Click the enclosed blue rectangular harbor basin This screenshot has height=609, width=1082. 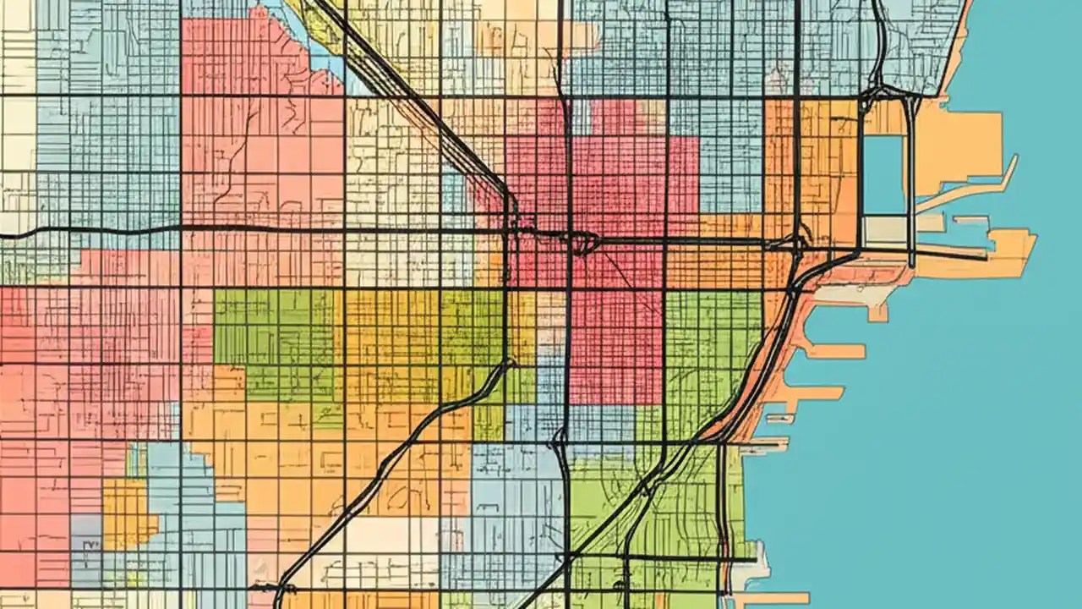pos(884,173)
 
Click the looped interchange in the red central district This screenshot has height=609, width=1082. pos(583,244)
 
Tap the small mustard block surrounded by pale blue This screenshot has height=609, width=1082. pos(128,512)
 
